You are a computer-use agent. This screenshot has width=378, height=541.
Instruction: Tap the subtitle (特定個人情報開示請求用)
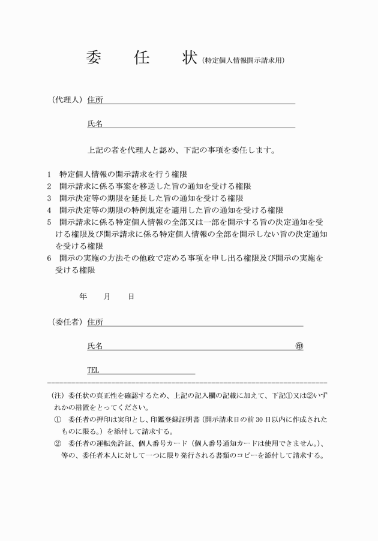click(x=244, y=60)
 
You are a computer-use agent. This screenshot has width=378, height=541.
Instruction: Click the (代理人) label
click(x=67, y=99)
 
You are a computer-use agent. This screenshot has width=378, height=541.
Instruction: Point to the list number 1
click(x=49, y=174)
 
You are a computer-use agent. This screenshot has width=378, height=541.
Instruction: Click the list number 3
click(x=49, y=198)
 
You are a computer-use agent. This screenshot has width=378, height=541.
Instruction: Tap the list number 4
click(x=49, y=210)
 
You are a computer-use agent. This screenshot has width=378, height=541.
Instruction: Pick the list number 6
click(x=49, y=258)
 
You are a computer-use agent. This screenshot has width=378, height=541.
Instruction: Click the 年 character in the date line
click(x=83, y=297)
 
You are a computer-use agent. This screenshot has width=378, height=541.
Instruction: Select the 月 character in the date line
click(x=107, y=297)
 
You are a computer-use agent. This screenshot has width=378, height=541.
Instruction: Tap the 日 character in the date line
click(x=131, y=297)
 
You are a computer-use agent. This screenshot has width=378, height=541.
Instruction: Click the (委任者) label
click(x=67, y=322)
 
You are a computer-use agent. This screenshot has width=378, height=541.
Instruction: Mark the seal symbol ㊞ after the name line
click(x=299, y=346)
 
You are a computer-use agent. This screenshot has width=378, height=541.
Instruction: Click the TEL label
click(x=93, y=370)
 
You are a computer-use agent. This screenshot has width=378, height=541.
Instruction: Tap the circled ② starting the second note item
click(x=58, y=443)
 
